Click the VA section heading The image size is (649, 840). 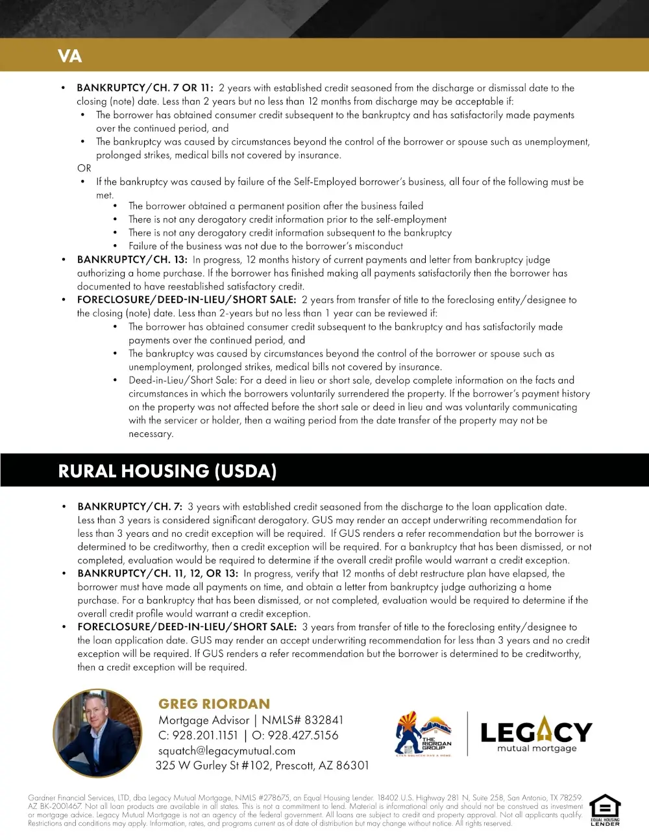(69, 56)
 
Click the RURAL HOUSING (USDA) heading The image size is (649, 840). (167, 471)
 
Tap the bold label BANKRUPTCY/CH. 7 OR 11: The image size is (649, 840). (145, 88)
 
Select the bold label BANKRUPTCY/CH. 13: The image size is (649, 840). (132, 260)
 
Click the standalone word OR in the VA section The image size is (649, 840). (84, 168)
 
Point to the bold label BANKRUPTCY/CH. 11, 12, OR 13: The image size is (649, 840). (158, 574)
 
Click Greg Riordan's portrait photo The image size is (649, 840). (97, 734)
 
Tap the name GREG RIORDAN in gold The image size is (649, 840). (214, 704)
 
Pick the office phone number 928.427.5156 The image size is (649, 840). (303, 735)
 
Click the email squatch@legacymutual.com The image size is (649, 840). (227, 751)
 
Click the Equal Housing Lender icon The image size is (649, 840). (605, 809)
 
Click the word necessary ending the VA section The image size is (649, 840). (151, 434)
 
